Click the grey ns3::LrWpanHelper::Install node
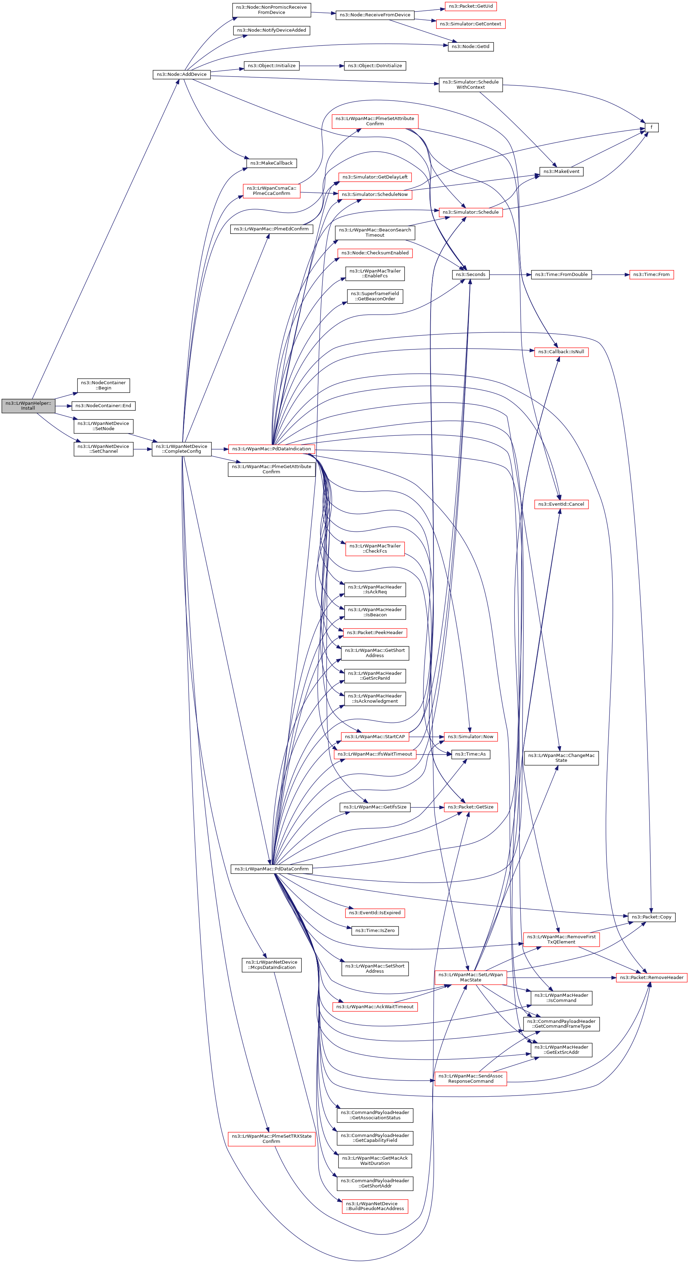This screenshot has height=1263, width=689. tap(28, 405)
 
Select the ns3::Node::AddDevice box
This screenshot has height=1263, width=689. tap(181, 74)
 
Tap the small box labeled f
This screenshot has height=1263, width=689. tap(651, 127)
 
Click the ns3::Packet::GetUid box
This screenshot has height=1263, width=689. tap(471, 6)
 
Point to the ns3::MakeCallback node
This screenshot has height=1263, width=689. tap(271, 163)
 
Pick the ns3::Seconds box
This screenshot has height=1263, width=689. tap(471, 275)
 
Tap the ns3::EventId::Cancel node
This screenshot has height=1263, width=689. tap(561, 504)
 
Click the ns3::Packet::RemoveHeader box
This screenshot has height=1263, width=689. tap(651, 977)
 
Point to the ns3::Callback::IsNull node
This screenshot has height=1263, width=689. tap(561, 352)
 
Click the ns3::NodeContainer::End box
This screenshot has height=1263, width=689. tap(103, 405)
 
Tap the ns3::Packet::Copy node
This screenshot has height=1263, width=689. tap(651, 916)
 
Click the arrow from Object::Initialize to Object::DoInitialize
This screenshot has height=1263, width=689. tap(321, 66)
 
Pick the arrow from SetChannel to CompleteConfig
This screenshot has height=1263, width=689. tap(142, 449)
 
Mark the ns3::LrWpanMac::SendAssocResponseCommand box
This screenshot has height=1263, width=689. tap(471, 1078)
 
